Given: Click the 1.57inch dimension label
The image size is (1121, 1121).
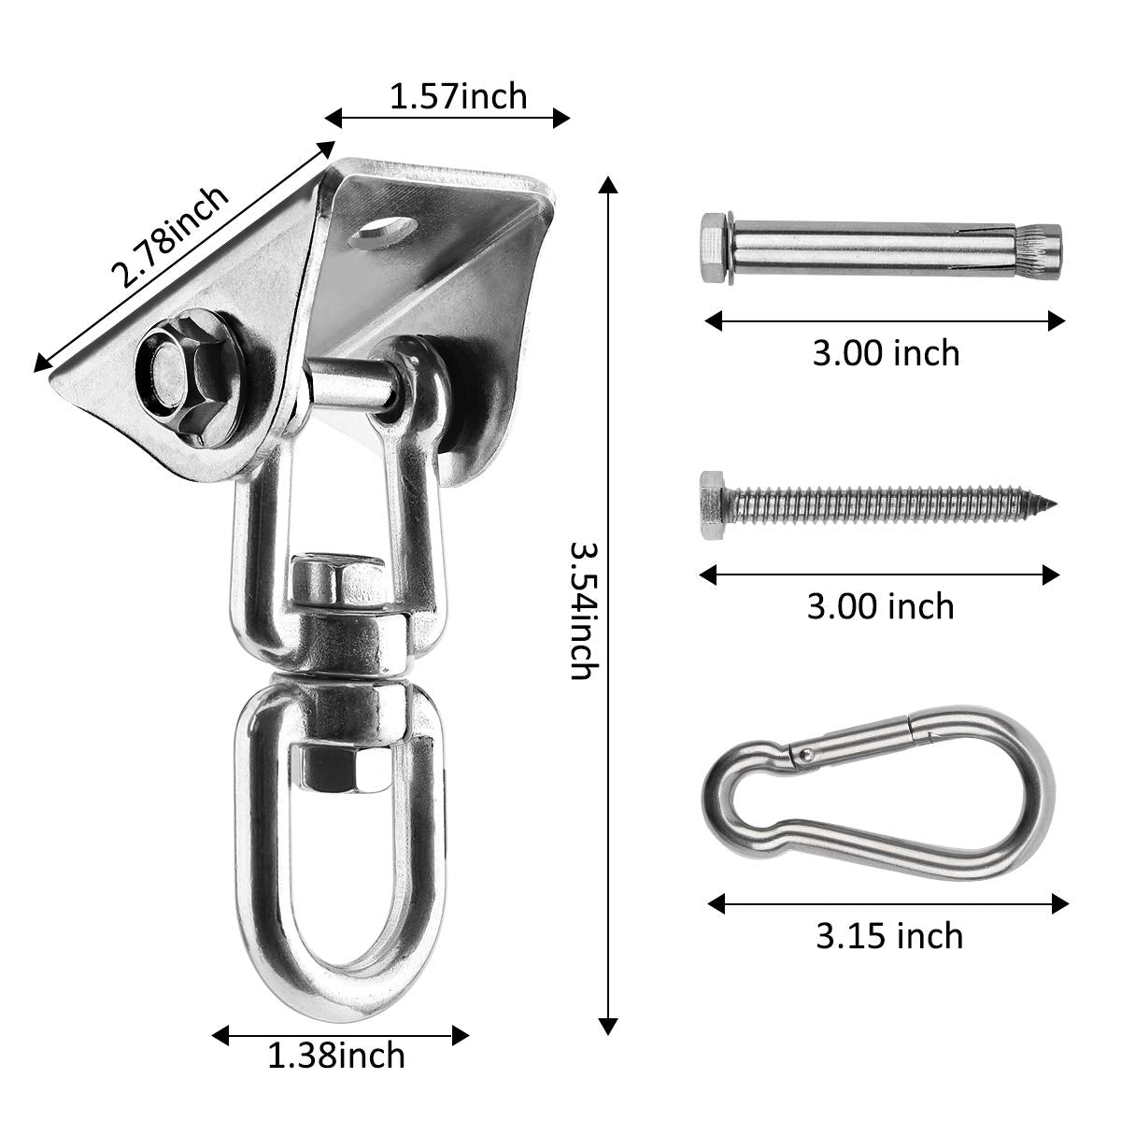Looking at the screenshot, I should point(458,95).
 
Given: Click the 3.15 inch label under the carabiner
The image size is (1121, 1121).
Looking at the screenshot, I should point(888,935).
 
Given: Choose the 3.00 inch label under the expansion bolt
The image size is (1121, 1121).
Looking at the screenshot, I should point(886,353).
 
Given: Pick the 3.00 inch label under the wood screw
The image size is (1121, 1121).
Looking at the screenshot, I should point(880,606).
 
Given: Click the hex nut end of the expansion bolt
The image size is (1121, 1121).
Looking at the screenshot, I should point(713,250).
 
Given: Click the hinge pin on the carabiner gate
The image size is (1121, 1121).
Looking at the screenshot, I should point(800,752).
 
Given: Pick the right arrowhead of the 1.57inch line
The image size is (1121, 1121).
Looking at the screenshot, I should point(562,117).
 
